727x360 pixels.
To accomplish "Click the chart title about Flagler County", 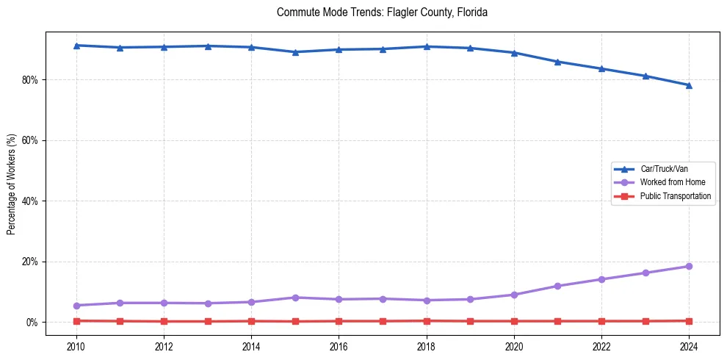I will [x=382, y=12].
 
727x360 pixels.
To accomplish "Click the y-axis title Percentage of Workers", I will [x=11, y=184].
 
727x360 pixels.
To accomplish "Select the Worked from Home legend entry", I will [x=672, y=182].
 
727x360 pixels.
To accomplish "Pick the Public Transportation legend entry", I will [x=675, y=196].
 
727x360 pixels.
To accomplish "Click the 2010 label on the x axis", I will [x=76, y=345].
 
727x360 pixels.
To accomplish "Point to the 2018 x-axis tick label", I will [x=427, y=345].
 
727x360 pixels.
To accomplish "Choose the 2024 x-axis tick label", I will [x=689, y=345].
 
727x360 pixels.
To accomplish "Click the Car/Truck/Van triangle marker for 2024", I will [x=689, y=85].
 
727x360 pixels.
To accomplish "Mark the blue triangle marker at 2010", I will [x=76, y=46].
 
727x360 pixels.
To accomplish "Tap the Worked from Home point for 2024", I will [x=689, y=266].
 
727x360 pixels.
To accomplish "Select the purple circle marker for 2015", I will [x=295, y=298].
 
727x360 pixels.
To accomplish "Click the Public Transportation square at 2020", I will [x=514, y=321].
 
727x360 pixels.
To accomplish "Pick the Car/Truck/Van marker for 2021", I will [x=557, y=62].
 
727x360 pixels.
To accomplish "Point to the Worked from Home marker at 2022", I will [x=601, y=279].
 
